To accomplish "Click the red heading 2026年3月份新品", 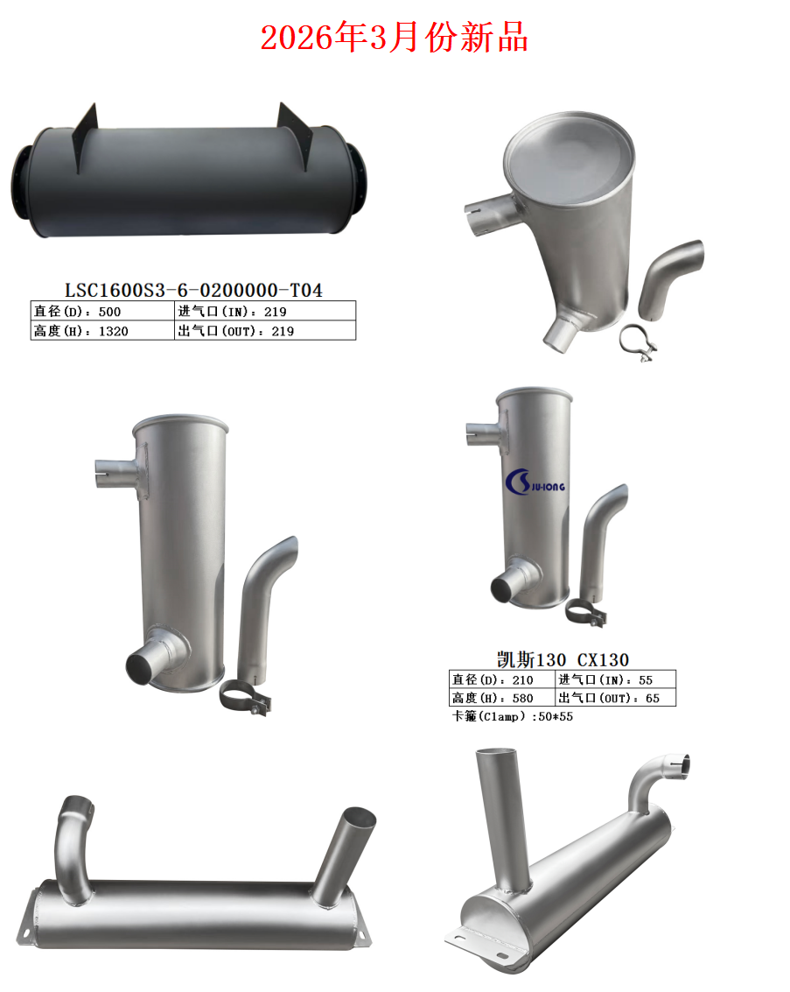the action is pos(394,38).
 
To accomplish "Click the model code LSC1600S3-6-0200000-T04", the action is pos(193,291).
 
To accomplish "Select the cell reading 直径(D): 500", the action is pos(102,312).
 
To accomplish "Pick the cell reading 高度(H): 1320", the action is pos(102,331).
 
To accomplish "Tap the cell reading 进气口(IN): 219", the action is pos(265,312).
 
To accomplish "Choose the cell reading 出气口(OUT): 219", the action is pos(265,331).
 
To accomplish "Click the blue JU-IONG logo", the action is pos(535,482).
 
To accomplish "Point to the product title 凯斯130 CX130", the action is pos(563,660).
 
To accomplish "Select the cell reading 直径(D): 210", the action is pos(502,679).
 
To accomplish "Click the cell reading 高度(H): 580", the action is pos(502,698).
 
